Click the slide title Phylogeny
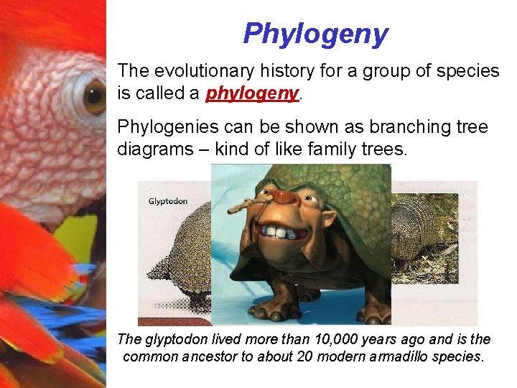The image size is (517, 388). pyautogui.click(x=315, y=33)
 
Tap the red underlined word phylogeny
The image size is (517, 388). pyautogui.click(x=251, y=93)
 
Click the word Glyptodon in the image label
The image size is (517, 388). pyautogui.click(x=167, y=201)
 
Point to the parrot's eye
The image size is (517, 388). pyautogui.click(x=94, y=97)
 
